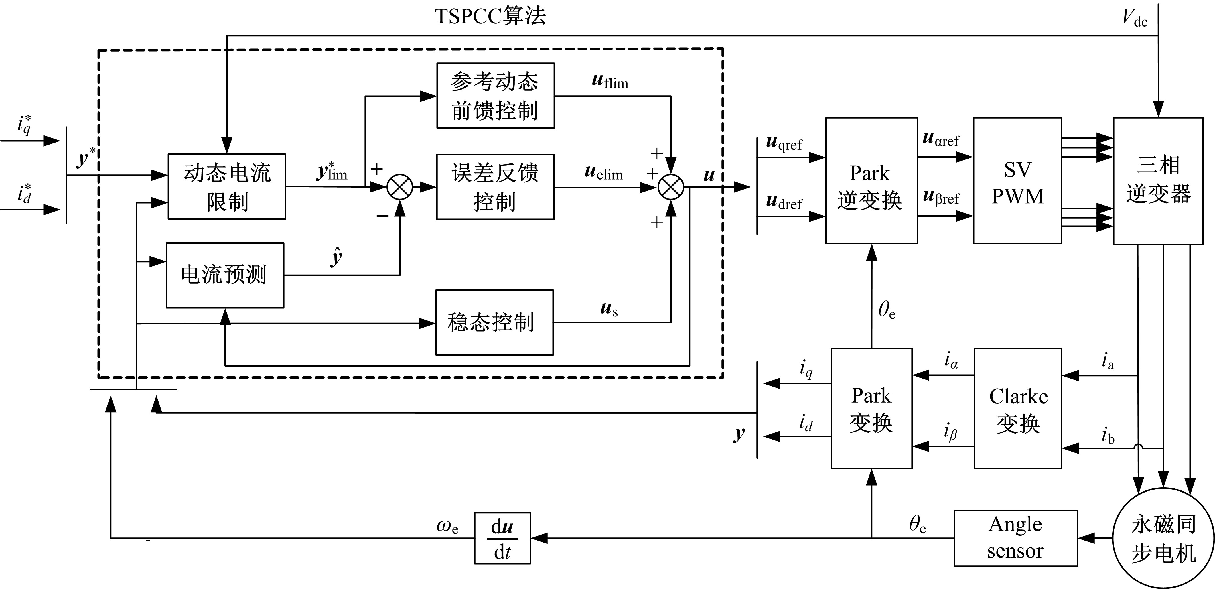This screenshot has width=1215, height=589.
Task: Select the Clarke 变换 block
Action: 1017,408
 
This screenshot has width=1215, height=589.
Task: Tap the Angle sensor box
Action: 1015,537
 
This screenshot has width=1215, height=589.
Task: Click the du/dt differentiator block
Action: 502,538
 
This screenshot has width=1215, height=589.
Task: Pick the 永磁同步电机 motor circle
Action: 1163,538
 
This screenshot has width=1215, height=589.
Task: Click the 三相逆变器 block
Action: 1158,181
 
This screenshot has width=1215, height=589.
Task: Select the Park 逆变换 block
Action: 871,181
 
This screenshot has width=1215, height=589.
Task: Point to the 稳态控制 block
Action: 494,322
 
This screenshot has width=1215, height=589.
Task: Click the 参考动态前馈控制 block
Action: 495,96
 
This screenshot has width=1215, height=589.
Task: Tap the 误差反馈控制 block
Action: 495,187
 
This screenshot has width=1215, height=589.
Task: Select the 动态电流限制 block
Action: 227,187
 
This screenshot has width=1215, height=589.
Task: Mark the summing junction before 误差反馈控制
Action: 399,187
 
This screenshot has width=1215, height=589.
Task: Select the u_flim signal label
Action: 610,81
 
